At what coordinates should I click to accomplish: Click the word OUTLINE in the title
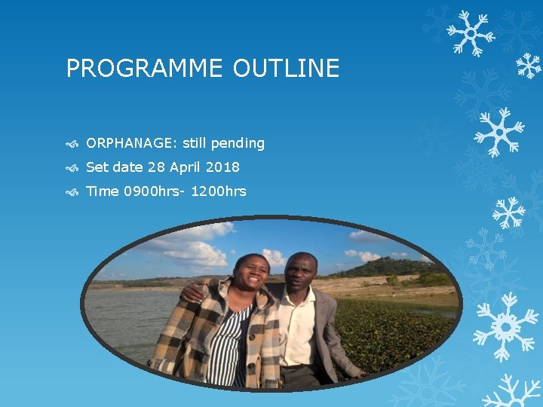pos(286,69)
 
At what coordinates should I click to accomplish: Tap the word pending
pos(238,143)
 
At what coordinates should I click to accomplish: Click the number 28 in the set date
pos(155,167)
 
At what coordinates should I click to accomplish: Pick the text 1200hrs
pos(219,191)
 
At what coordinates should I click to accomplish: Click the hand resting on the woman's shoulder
pos(193,291)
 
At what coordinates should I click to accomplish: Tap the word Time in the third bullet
pos(103,191)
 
